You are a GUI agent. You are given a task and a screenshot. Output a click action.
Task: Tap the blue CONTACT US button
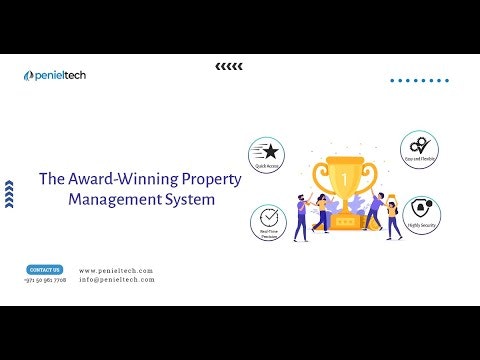pyautogui.click(x=45, y=270)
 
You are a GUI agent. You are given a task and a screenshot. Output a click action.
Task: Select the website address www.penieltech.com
pyautogui.click(x=116, y=271)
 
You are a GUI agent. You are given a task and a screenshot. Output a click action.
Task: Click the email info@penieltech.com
pyautogui.click(x=117, y=280)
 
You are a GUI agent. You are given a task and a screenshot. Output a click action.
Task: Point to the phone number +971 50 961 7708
pyautogui.click(x=45, y=280)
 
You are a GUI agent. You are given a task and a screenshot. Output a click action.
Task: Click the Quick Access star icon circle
pyautogui.click(x=267, y=154)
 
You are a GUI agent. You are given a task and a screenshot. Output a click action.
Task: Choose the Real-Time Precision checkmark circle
pyautogui.click(x=267, y=219)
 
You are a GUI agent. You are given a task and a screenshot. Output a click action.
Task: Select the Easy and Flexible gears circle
pyautogui.click(x=419, y=148)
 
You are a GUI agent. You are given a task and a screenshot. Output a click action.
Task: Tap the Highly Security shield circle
pyautogui.click(x=419, y=211)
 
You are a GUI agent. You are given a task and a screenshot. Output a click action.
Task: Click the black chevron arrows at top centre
pyautogui.click(x=229, y=67)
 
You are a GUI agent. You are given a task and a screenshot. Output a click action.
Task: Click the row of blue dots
pyautogui.click(x=419, y=80)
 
